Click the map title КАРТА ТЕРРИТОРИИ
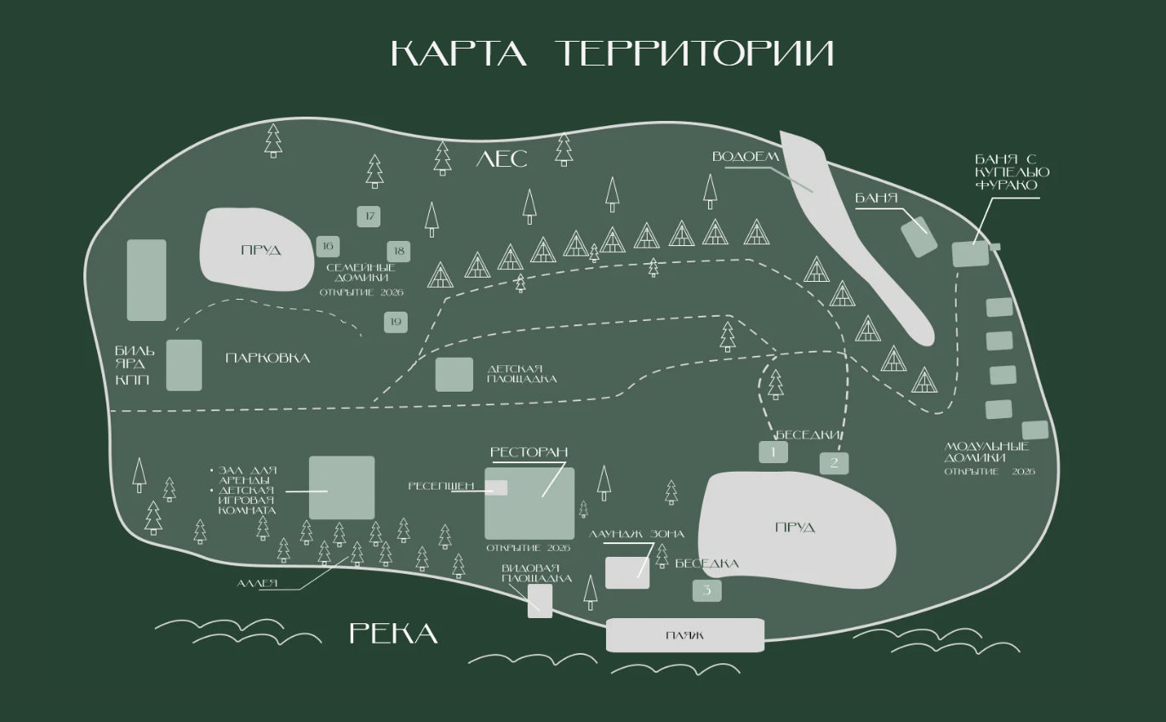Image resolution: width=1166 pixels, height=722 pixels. tap(612, 53)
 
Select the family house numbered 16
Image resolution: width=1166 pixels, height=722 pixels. tap(327, 246)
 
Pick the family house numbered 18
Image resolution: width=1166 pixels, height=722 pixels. tap(398, 251)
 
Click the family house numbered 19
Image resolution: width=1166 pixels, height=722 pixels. tap(395, 322)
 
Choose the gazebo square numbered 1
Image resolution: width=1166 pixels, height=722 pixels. tap(773, 452)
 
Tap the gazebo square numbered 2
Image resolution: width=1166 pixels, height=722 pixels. tap(834, 463)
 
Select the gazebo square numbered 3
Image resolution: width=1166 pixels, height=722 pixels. tap(706, 590)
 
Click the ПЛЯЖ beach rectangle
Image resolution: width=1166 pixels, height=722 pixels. tap(684, 635)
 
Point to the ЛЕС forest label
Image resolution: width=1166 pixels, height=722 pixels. tap(501, 159)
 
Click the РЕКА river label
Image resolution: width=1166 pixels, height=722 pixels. tap(393, 633)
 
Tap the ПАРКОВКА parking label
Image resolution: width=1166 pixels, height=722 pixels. tap(267, 358)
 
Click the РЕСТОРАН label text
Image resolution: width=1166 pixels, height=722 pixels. tap(529, 452)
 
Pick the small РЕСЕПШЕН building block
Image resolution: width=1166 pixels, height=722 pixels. tap(496, 488)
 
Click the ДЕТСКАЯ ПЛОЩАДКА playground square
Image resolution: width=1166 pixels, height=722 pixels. tap(454, 375)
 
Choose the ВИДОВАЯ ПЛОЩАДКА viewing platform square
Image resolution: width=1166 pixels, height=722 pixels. tap(540, 600)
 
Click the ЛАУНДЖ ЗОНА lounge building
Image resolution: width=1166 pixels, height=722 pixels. tap(626, 573)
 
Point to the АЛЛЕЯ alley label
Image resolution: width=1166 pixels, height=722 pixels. tap(259, 584)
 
